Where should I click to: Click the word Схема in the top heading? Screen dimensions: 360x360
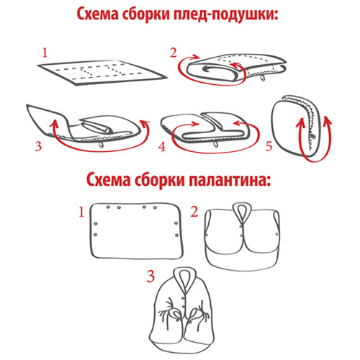(x=98, y=14)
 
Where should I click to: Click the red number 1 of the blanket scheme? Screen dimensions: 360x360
(x=45, y=53)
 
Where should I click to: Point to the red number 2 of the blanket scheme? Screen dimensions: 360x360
(x=174, y=53)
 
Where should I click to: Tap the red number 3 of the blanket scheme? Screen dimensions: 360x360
(x=38, y=146)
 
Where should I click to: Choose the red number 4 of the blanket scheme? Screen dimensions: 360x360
(x=163, y=146)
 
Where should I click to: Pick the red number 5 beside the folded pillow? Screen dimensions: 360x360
(x=269, y=146)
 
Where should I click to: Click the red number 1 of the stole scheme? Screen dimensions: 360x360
(x=82, y=212)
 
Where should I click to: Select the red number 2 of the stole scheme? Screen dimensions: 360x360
(x=194, y=212)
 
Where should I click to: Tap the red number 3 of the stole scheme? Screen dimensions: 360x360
(x=150, y=276)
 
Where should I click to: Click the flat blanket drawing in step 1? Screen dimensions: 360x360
(x=102, y=73)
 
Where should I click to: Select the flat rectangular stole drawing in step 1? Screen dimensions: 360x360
(x=136, y=231)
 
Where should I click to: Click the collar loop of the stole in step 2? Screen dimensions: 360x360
(x=242, y=211)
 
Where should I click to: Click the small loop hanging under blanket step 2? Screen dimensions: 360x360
(x=262, y=78)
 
